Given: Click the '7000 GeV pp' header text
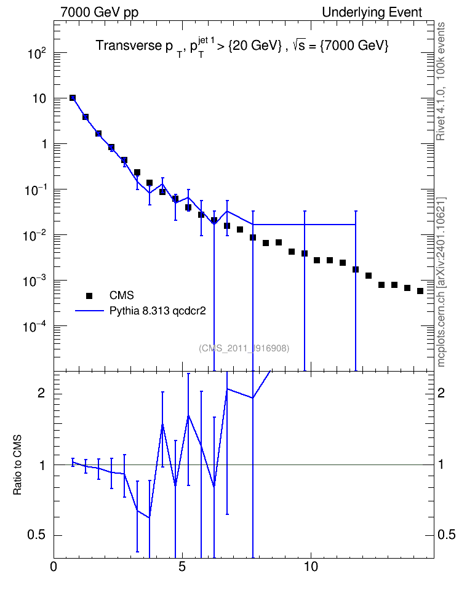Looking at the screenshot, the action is (99, 12).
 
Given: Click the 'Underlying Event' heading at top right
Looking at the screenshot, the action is (372, 12).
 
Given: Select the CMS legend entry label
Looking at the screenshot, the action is (122, 295).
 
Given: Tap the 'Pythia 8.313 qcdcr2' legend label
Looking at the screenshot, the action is (158, 311).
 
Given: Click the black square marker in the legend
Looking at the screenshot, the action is (89, 295).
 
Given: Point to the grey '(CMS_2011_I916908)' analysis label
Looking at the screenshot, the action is (244, 348).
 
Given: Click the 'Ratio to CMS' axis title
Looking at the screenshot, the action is (17, 464).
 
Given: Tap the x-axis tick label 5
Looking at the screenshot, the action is (182, 567).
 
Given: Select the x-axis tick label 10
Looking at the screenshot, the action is (311, 567).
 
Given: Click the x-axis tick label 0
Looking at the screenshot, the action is (54, 567).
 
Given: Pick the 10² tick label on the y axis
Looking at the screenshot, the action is (37, 53).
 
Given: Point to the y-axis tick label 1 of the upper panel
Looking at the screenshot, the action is (44, 144).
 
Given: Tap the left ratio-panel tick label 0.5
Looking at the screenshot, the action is (36, 535).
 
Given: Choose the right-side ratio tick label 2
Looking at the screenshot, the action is (441, 393).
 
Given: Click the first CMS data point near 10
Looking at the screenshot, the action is (73, 98).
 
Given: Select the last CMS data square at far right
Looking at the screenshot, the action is (420, 291).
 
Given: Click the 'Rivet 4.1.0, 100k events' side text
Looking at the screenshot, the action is (441, 81).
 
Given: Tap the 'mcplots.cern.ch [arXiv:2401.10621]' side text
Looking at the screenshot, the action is (441, 282).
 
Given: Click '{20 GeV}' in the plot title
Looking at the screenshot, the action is (255, 46).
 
